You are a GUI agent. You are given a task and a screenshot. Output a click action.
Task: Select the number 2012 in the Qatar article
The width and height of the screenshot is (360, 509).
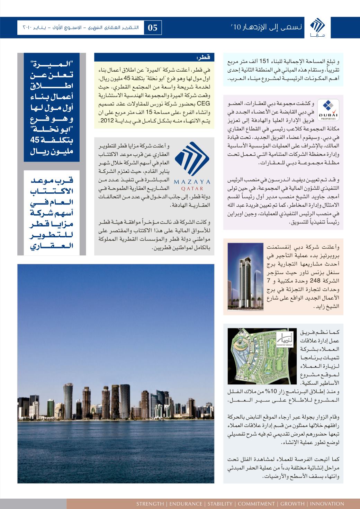pyautogui.click(x=106, y=121)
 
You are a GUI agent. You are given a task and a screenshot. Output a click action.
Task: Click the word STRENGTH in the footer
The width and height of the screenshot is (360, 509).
pyautogui.click(x=150, y=503)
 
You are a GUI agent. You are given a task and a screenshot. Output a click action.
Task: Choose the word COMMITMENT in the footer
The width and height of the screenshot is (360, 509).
pyautogui.click(x=256, y=503)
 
